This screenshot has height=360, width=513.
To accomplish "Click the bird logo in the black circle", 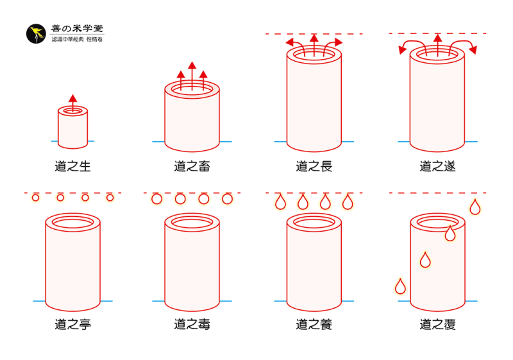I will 36,34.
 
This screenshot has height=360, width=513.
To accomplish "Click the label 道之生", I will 72,167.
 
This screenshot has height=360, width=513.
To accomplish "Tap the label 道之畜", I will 192,167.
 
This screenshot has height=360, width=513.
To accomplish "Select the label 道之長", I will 314,167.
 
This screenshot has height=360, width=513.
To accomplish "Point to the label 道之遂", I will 437,167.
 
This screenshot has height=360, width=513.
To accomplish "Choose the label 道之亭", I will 72,325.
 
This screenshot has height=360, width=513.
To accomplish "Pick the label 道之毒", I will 192,325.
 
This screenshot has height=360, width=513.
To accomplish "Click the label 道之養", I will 314,325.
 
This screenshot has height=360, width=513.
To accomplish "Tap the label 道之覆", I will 437,325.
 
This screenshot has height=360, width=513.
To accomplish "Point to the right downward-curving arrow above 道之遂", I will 470,47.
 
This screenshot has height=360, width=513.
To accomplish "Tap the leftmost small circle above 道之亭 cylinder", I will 35,198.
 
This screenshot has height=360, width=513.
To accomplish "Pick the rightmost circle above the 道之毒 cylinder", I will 227,199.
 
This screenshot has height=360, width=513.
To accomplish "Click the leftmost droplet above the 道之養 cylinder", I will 280,202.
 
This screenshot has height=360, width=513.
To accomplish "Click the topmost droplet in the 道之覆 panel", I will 475,207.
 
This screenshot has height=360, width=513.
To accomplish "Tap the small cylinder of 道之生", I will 72,128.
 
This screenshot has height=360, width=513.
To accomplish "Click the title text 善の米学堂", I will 77,29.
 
